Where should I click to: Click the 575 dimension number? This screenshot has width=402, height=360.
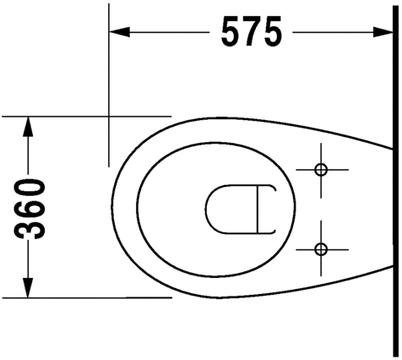pos(252,31)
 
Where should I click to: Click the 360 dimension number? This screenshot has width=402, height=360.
pos(30,209)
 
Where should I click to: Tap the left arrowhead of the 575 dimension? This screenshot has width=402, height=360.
pos(119,32)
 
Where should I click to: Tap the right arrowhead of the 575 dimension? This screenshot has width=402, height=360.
pos(383,32)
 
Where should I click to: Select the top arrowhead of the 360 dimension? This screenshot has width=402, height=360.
pos(28,127)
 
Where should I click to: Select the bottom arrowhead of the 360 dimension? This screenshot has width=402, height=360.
pos(28,287)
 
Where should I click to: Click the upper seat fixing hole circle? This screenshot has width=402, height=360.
pos(321,170)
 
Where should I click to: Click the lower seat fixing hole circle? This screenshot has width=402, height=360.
pos(321,249)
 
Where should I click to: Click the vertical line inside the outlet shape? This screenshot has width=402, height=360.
pos(258,210)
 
